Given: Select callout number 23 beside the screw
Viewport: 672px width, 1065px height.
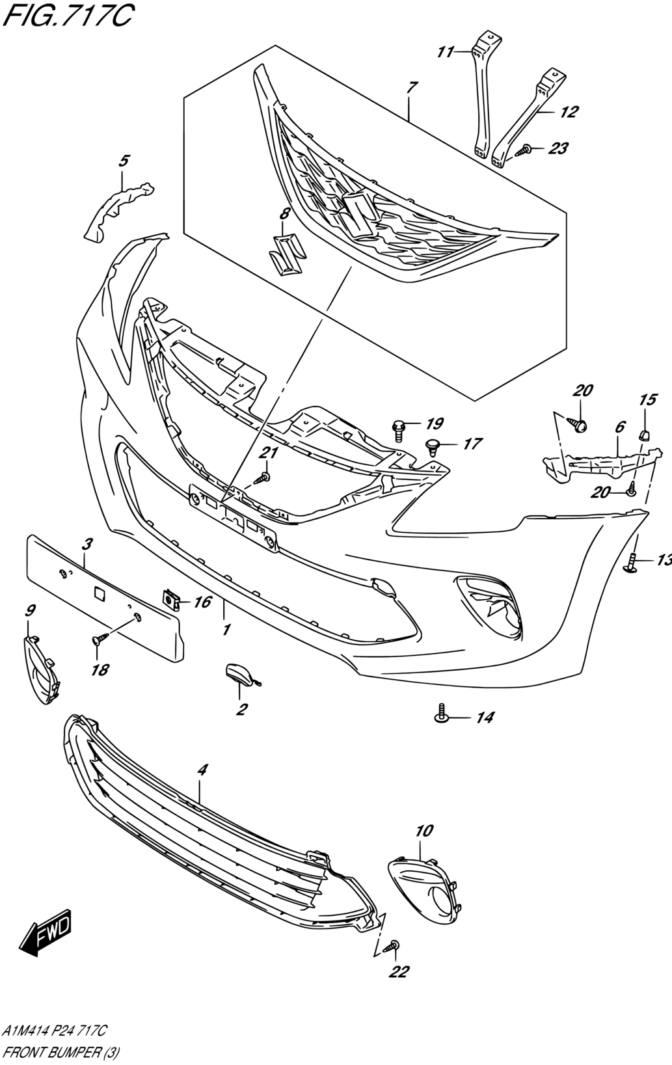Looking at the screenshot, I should click(557, 148).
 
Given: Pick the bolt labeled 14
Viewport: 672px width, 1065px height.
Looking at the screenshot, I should click(442, 714).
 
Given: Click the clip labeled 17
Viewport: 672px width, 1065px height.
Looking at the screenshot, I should click(431, 445).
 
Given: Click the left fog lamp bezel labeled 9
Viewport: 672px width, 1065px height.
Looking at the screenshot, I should click(41, 669).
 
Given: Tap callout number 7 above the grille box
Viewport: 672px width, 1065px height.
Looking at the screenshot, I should click(412, 87).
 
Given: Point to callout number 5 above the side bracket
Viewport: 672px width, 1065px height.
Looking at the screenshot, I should click(124, 161).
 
